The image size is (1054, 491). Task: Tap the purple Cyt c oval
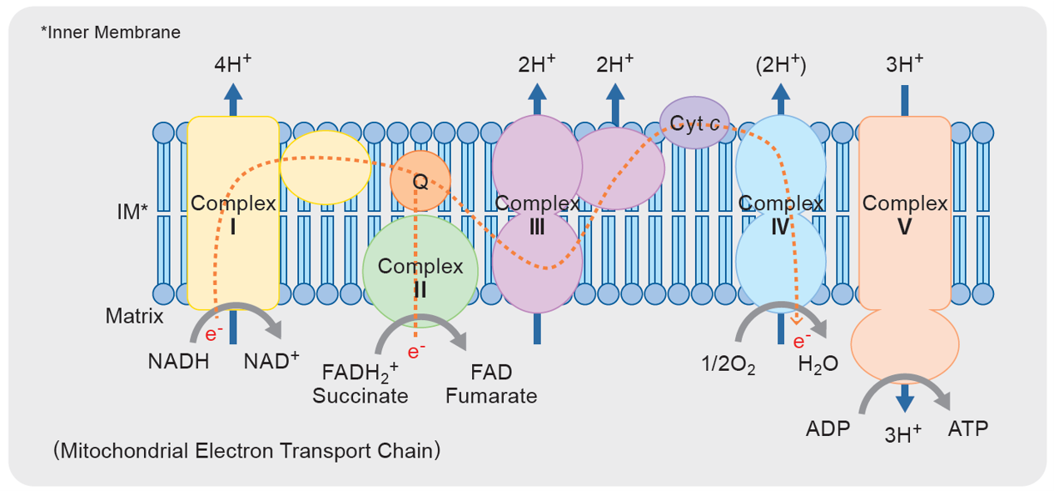pos(694,123)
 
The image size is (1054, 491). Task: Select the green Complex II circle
pos(420,270)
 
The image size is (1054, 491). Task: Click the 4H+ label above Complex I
pos(233,66)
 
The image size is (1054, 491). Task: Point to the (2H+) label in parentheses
pos(780,66)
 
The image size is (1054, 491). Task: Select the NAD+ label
pos(271,362)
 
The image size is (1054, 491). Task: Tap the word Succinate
pos(360,395)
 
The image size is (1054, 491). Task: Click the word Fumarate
pos(491,395)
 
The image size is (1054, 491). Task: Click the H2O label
pos(818,364)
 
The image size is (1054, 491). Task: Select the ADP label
pos(828,429)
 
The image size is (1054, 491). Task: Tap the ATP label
pos(968,429)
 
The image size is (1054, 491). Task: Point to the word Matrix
pos(134,317)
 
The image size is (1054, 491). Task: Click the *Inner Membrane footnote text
pos(110,33)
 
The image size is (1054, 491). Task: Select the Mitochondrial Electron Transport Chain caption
pos(246,451)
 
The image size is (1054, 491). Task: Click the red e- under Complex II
pos(417,351)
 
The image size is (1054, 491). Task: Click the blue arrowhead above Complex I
pos(233,93)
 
